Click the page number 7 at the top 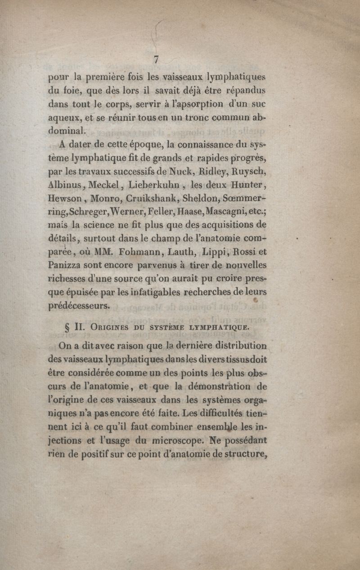[157, 59]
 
